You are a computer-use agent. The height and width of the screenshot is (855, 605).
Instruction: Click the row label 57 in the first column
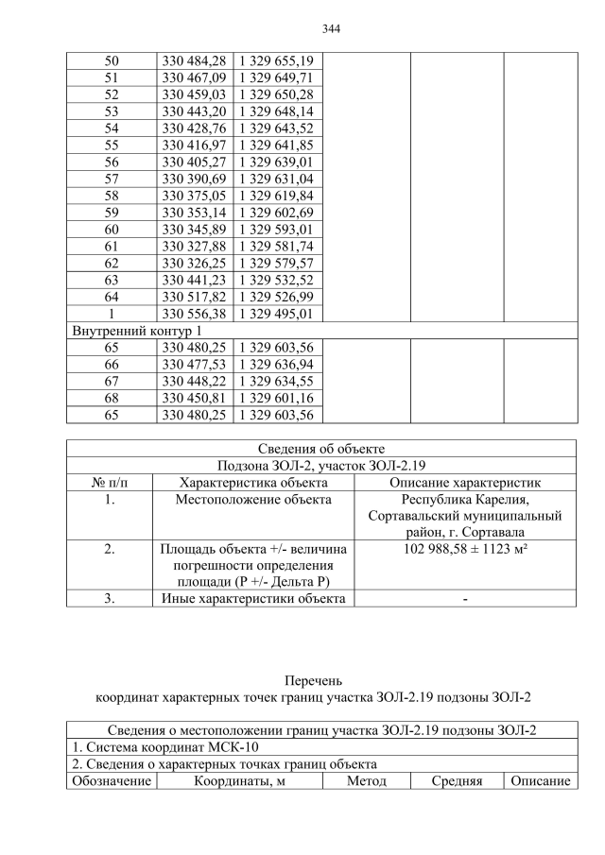(111, 179)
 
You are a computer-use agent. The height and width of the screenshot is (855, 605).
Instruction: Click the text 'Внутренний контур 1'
(136, 331)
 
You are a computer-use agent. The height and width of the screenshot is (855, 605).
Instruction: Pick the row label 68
(111, 398)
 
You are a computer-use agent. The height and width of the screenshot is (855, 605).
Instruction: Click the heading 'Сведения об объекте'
(320, 448)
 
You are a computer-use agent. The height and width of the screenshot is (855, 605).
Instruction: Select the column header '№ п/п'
(110, 482)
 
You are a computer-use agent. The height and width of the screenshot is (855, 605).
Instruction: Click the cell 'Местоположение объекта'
(253, 499)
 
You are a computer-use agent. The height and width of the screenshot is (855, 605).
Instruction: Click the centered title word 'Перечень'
(314, 680)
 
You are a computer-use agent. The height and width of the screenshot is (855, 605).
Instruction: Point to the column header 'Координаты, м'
(240, 781)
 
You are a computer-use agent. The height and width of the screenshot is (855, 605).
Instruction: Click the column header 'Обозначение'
(111, 781)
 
